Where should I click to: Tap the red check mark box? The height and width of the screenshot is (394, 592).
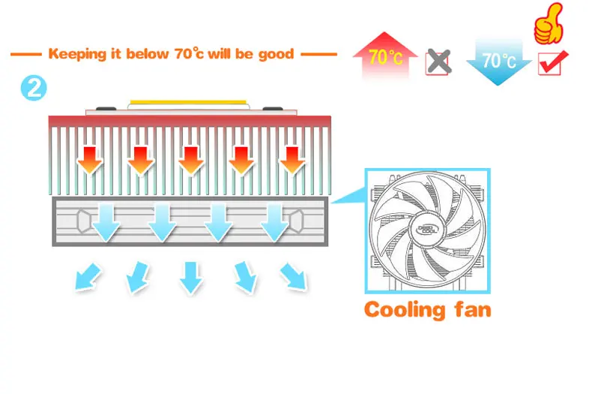click(553, 63)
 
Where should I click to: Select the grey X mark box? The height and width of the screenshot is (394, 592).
click(438, 62)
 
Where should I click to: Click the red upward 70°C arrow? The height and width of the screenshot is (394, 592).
click(385, 56)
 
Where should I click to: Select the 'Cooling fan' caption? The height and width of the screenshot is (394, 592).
click(427, 308)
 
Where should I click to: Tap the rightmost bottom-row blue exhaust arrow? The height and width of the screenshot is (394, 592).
click(293, 275)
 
